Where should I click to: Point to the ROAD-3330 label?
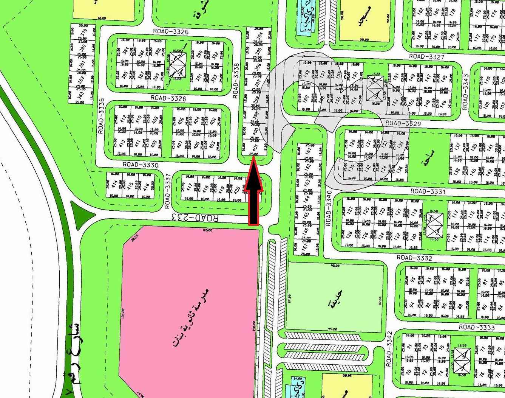(141, 165)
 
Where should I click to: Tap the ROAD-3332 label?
(414, 258)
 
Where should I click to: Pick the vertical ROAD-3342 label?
(389, 349)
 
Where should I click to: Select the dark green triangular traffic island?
(83, 215)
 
